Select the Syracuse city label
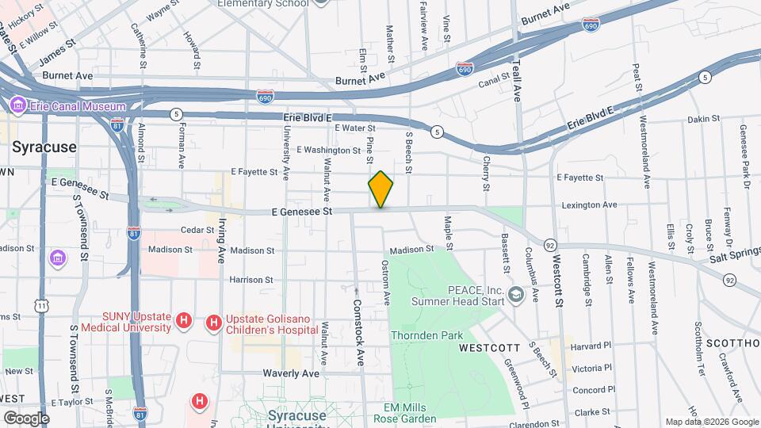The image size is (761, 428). coord(44,147)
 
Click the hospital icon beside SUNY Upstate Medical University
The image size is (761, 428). coord(184,322)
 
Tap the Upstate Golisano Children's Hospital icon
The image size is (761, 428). coord(213,322)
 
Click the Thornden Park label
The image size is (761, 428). coord(426,335)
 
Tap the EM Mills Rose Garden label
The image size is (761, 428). coord(407,413)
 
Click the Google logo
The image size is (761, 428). coord(26,418)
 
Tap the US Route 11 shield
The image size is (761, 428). coord(40,304)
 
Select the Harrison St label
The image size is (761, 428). coord(250,280)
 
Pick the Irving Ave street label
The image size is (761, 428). coord(223,241)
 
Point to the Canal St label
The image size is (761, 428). coord(491,82)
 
